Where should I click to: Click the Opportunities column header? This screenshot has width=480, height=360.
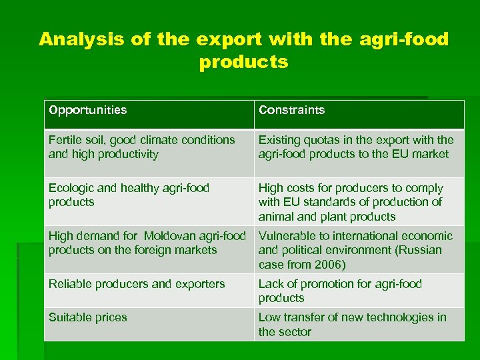(87, 110)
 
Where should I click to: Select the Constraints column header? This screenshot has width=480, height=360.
(291, 110)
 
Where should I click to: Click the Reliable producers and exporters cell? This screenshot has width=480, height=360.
(137, 284)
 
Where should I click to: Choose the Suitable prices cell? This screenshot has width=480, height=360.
(87, 317)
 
